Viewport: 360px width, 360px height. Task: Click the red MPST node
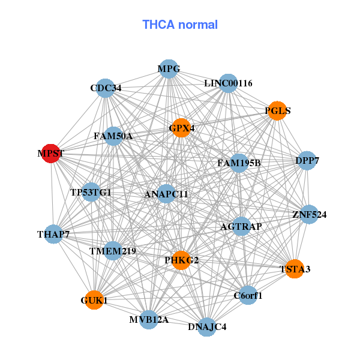[x=52, y=154]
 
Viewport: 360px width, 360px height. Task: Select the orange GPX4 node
[x=181, y=128]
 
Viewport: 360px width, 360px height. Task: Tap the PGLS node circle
[x=277, y=111]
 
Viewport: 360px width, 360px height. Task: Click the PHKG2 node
[x=181, y=260]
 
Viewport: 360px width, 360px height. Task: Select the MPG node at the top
[x=169, y=69]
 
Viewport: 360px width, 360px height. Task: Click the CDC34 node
[x=106, y=88]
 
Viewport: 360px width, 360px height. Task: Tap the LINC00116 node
[x=228, y=83]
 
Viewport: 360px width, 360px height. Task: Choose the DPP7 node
[x=307, y=161]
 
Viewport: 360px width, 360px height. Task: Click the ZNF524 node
[x=308, y=214]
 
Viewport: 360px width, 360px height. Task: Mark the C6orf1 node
[x=248, y=295]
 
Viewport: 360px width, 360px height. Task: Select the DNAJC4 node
[x=207, y=326]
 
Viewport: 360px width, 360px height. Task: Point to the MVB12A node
[x=149, y=319]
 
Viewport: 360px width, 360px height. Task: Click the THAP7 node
[x=54, y=234]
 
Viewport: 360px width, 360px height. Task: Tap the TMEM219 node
[x=113, y=250]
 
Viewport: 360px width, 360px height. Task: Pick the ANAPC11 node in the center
[x=166, y=194]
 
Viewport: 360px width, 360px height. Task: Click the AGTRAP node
[x=241, y=226]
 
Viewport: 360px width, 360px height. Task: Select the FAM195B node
[x=239, y=163]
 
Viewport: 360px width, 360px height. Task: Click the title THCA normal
[x=180, y=25]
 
